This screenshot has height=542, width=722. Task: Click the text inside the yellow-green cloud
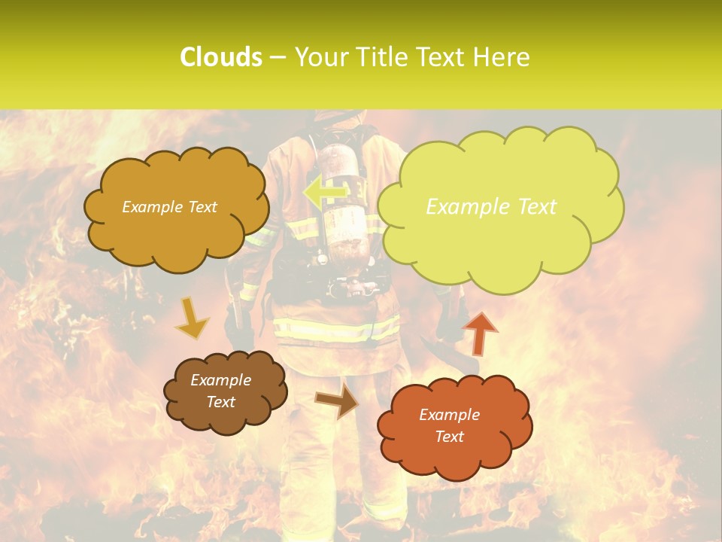click(x=491, y=207)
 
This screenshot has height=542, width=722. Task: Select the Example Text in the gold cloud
click(x=169, y=207)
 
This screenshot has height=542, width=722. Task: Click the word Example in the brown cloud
click(x=220, y=380)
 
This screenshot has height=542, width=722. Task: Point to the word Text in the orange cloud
click(x=449, y=437)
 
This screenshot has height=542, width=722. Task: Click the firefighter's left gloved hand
click(x=239, y=331)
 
